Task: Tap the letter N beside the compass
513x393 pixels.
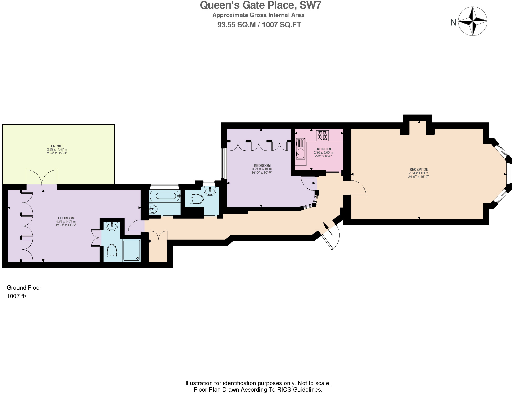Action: tap(453, 23)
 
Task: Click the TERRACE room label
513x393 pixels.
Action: tap(57, 146)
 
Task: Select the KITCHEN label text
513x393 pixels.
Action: tap(324, 149)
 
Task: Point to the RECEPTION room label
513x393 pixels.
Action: tap(419, 169)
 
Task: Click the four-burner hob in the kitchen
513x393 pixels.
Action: tap(322, 136)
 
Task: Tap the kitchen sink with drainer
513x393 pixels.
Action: tap(300, 149)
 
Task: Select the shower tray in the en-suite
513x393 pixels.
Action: tap(132, 250)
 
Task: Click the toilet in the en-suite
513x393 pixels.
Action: tap(112, 250)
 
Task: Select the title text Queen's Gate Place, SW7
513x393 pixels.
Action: tap(260, 5)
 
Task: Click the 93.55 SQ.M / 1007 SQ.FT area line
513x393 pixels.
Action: tap(259, 25)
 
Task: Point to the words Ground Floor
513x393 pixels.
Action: tap(24, 288)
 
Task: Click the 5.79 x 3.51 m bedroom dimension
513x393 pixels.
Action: tap(66, 221)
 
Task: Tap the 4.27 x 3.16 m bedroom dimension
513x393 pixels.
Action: tap(262, 169)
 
